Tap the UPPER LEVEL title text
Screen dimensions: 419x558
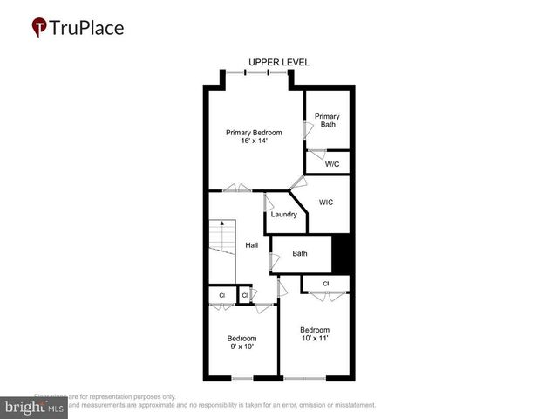tap(278, 63)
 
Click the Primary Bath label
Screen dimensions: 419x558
tap(327, 120)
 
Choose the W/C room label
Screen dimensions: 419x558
tap(331, 163)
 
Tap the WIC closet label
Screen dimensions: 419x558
tap(326, 203)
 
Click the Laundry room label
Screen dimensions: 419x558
tap(284, 215)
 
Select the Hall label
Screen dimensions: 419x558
tap(251, 245)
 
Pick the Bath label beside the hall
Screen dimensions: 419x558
tap(300, 254)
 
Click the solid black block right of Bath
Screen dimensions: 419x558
tap(342, 254)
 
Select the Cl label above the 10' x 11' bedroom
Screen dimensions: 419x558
tap(325, 284)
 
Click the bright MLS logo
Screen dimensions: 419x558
tap(33, 408)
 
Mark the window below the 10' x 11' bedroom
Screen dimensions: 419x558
tap(304, 379)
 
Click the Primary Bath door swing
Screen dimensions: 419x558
tap(307, 128)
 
